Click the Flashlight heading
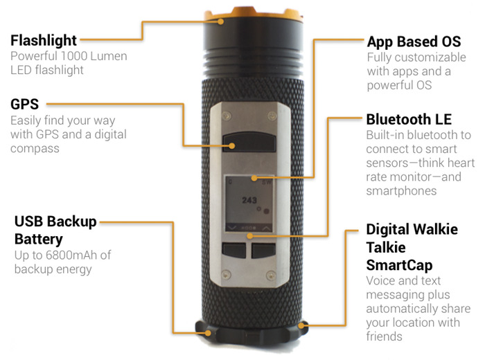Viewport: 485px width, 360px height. tap(44, 41)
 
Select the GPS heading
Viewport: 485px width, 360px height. tap(25, 104)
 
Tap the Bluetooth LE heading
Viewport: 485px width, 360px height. tap(409, 120)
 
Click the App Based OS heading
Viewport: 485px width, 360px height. tap(414, 42)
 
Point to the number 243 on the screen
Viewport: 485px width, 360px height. tap(249, 200)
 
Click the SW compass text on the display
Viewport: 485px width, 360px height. tap(267, 182)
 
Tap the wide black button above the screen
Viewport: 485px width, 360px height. tap(249, 142)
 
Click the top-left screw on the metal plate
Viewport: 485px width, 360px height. tap(227, 116)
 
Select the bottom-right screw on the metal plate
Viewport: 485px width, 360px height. tap(272, 274)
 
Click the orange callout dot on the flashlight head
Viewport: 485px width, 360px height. tap(220, 21)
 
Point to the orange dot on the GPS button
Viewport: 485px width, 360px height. tap(231, 146)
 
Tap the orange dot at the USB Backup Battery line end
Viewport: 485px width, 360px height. tap(208, 333)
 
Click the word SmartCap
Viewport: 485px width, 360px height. tap(399, 265)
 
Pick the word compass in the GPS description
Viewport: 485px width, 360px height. tap(35, 149)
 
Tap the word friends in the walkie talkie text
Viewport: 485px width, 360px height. tap(384, 336)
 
